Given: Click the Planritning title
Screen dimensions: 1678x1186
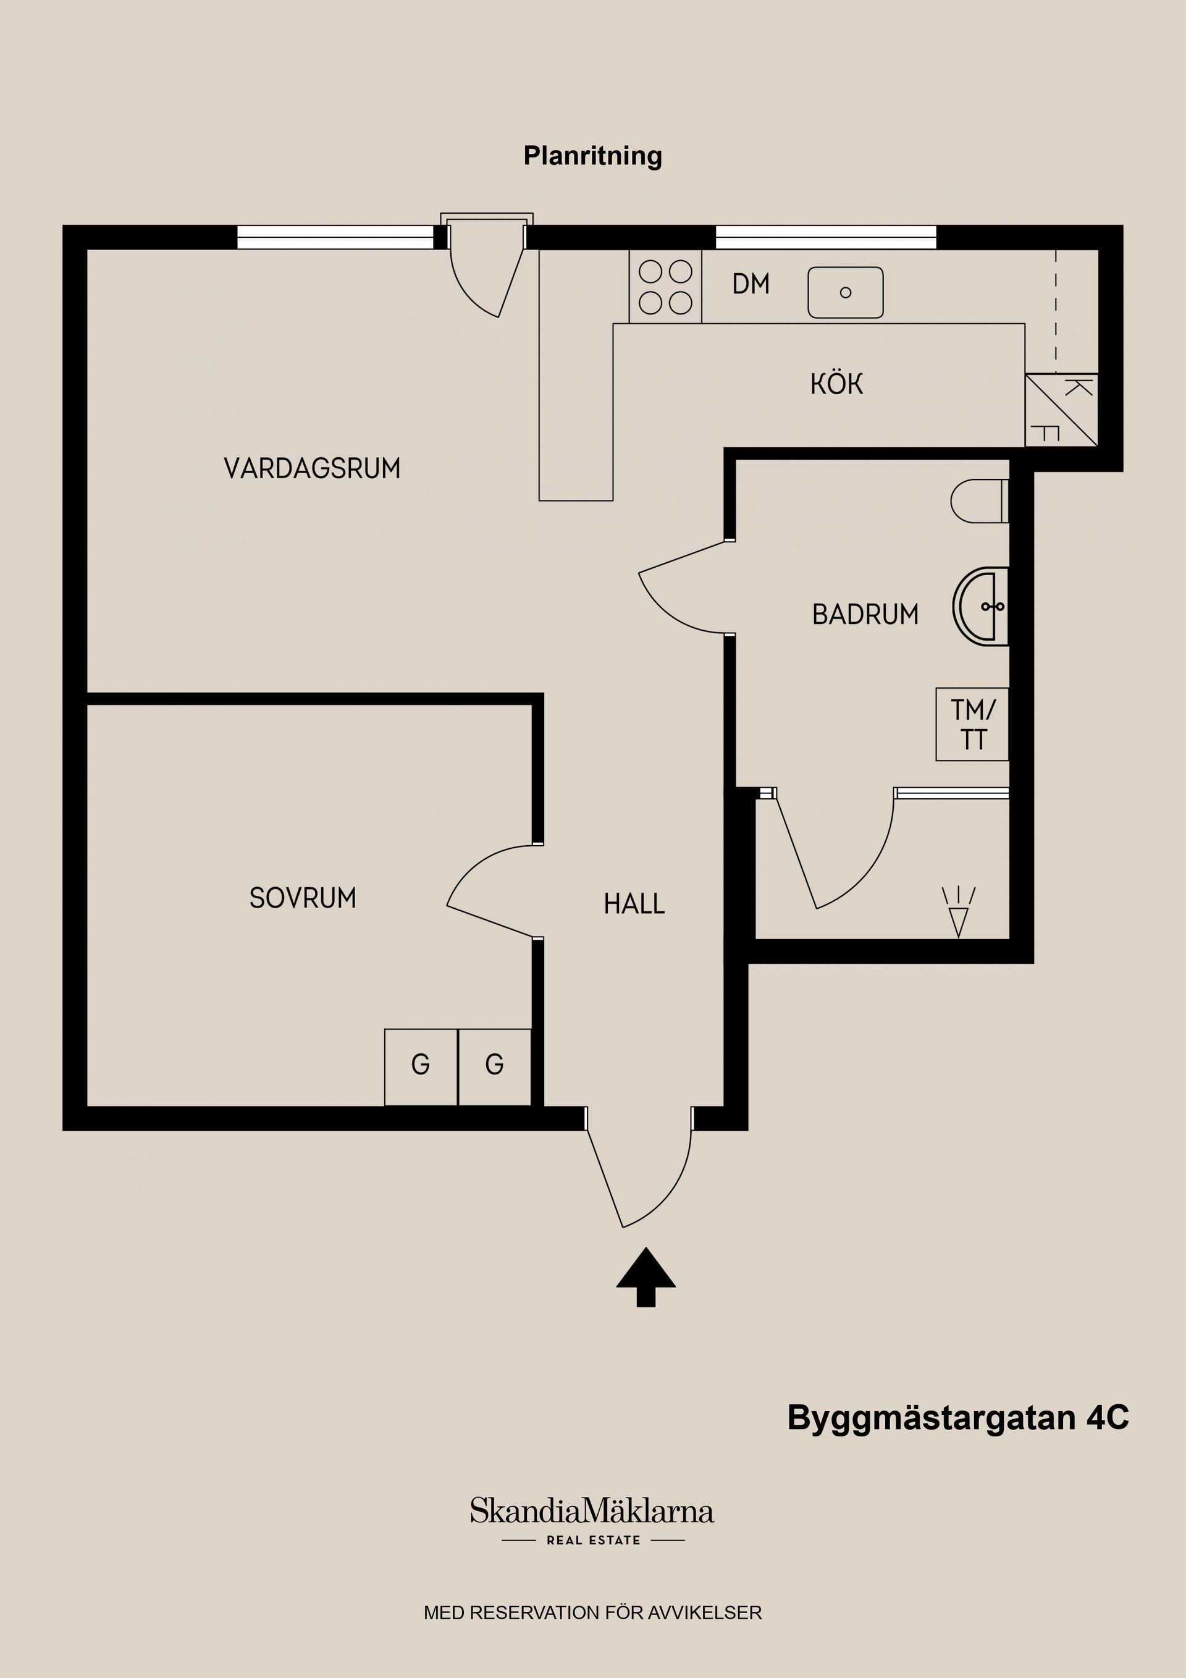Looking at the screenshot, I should point(592,156).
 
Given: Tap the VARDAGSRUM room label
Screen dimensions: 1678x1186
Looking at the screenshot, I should point(312,468).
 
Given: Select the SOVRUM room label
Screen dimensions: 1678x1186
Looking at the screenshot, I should point(303,898).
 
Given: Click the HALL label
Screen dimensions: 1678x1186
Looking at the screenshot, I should point(634,904).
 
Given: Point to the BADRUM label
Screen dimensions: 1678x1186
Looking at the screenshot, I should point(865,615).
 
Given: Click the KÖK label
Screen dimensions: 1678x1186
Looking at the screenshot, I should point(837,384).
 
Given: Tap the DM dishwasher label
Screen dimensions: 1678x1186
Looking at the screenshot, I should point(751,284).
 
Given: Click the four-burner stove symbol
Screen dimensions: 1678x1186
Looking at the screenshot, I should point(665,287).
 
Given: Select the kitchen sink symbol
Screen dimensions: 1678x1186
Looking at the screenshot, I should point(845,292).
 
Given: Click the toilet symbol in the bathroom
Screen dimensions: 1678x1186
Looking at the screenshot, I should point(979,500).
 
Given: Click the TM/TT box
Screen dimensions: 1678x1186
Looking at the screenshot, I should point(972,724).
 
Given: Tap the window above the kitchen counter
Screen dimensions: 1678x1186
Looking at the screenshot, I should point(825,237).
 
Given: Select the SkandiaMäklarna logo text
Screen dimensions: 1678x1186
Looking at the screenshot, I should point(592,1511).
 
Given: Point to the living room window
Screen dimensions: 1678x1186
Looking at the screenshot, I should point(335,237).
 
